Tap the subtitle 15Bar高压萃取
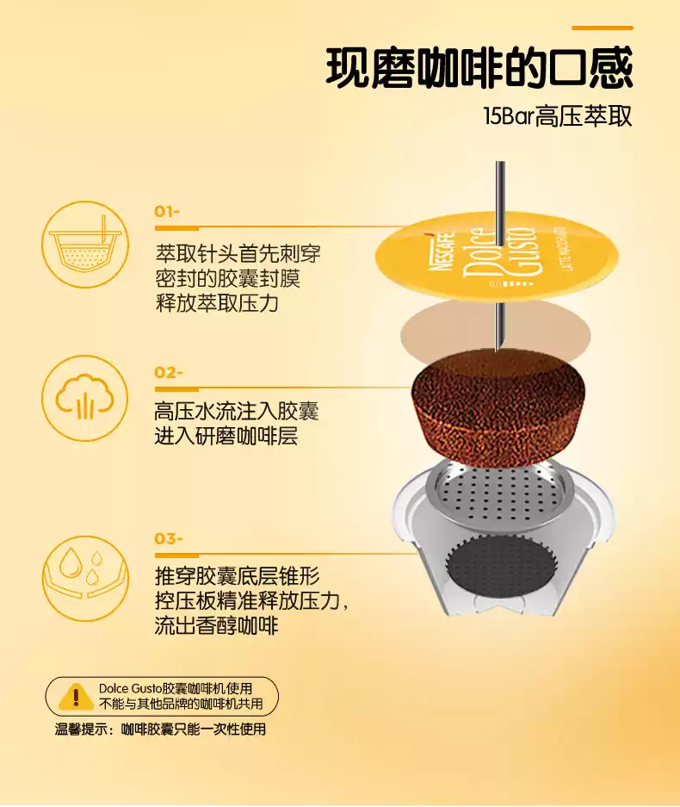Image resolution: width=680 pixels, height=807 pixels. click(x=557, y=116)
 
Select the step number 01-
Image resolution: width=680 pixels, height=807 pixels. click(x=167, y=212)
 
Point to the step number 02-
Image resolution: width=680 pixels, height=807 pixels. click(x=169, y=373)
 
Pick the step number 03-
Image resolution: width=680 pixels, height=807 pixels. click(x=169, y=539)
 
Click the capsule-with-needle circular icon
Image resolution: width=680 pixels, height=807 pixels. click(x=85, y=245)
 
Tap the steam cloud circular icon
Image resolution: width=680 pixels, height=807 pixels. click(x=85, y=399)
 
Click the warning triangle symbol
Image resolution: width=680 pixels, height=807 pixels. click(x=76, y=696)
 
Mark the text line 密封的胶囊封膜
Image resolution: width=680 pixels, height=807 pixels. click(x=227, y=279)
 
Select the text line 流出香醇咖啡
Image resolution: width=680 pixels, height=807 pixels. click(x=216, y=625)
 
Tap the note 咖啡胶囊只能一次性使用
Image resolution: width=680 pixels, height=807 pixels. click(x=194, y=729)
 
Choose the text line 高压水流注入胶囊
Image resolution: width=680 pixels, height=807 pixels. click(x=236, y=412)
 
